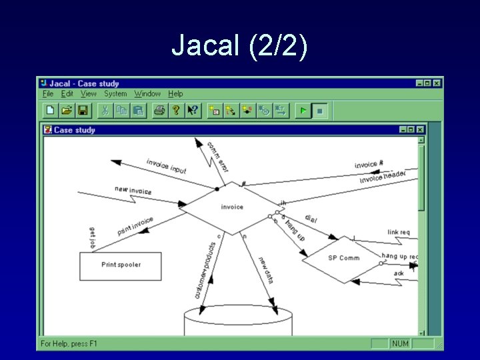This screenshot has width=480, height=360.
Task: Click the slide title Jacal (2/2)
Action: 239,47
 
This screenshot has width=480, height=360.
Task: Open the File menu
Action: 47,94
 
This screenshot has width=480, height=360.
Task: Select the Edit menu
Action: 67,94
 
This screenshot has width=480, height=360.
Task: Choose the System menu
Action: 115,94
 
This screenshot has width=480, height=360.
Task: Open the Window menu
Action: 147,94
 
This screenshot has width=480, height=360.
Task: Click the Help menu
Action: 175,94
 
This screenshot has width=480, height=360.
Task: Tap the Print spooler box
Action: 121,265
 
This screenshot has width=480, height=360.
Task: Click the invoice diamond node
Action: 232,207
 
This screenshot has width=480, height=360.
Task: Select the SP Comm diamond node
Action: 343,259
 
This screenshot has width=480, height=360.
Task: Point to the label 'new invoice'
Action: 133,191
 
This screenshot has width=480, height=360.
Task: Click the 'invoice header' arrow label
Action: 383,177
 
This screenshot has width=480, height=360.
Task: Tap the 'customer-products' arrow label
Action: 202,269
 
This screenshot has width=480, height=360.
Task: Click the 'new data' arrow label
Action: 266,269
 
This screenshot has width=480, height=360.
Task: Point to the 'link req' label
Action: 399,233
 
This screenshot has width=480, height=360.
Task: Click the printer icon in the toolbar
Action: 159,111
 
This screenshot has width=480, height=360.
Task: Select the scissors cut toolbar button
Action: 105,111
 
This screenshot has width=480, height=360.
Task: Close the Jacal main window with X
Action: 437,83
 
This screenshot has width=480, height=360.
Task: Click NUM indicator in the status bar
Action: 400,343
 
